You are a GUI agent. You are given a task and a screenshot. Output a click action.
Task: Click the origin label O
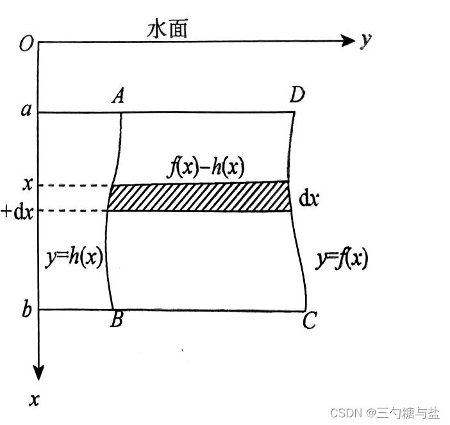(26, 44)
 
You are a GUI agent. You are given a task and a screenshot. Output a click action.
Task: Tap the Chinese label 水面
(167, 28)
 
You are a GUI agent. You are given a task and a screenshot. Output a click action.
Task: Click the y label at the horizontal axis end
(365, 40)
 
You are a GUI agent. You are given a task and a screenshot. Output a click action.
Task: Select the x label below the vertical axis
(35, 400)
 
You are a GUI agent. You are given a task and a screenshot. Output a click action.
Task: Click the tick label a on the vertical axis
(26, 110)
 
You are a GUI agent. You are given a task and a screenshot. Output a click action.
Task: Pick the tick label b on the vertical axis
(26, 310)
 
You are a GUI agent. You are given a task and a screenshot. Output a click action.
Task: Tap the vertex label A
(118, 97)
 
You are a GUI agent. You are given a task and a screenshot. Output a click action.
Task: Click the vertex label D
(297, 96)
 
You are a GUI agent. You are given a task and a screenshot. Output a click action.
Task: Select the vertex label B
(116, 321)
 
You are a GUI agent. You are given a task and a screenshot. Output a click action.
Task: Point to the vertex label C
(309, 321)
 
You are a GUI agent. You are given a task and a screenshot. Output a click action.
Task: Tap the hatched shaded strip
(199, 197)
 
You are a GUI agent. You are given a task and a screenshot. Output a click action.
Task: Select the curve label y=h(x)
(75, 258)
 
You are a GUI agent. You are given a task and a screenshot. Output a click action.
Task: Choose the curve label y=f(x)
(343, 258)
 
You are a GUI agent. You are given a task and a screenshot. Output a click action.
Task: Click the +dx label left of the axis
(18, 211)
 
